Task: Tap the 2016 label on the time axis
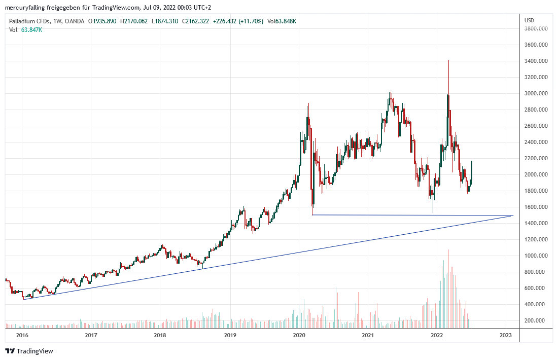coord(22,336)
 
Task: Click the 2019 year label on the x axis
coord(230,336)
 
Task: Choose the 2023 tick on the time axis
coord(505,336)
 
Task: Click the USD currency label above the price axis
coord(529,20)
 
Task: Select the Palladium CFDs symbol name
coord(29,21)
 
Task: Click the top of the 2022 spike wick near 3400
coord(448,60)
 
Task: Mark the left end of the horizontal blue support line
coord(312,215)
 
